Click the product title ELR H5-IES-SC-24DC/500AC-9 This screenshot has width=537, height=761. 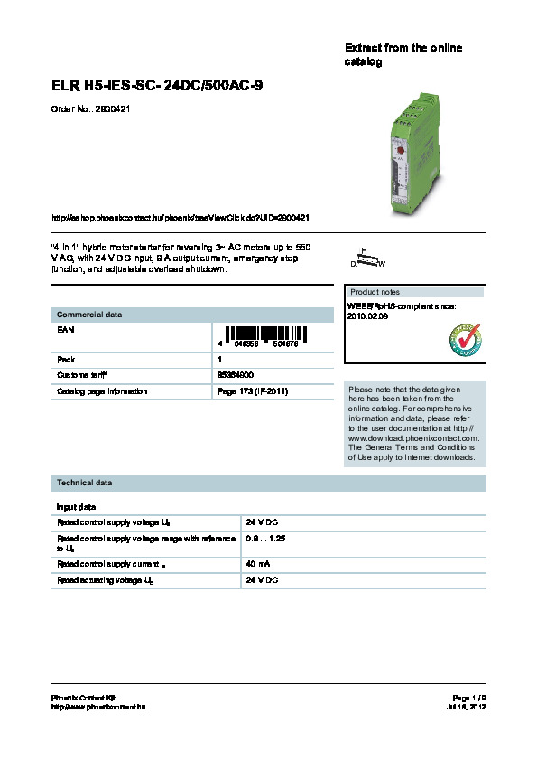[x=157, y=86]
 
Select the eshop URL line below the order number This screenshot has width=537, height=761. [x=182, y=218]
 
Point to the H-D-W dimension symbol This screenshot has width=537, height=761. [x=367, y=258]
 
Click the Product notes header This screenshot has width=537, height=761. [x=375, y=292]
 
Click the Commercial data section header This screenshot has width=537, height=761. [x=89, y=315]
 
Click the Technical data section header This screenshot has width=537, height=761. [x=85, y=484]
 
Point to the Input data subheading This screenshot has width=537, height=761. [x=77, y=507]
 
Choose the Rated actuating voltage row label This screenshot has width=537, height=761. [x=105, y=579]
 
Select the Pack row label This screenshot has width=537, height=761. [x=66, y=359]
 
